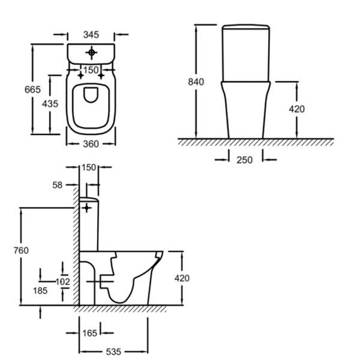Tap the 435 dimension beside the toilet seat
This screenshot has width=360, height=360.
(50, 104)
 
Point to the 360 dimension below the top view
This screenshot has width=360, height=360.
(91, 144)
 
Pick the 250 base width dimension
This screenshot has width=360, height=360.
(244, 160)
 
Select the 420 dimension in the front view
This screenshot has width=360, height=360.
(296, 109)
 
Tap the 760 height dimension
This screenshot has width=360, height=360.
(20, 250)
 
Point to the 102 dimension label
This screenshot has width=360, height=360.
(63, 281)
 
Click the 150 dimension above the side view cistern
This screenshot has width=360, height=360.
(89, 167)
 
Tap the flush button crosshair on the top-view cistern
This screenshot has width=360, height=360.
(91, 53)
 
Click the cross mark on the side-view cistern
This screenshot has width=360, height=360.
(88, 208)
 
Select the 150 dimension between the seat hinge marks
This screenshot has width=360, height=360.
(91, 71)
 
